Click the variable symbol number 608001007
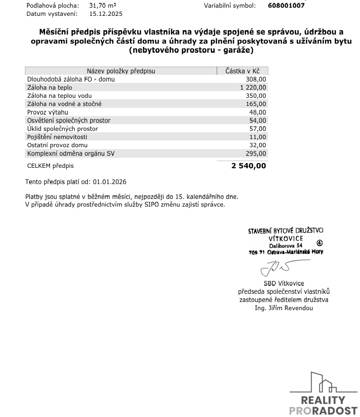(286, 6)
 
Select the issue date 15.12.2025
(106, 14)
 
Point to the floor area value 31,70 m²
(103, 6)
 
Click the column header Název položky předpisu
(121, 71)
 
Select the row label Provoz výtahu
(48, 112)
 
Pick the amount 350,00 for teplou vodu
(256, 96)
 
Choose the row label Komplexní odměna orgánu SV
(71, 153)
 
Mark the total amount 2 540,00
(248, 166)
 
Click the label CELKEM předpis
(51, 166)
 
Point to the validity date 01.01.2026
(110, 182)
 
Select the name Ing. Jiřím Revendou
(284, 308)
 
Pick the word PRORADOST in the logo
(324, 411)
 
